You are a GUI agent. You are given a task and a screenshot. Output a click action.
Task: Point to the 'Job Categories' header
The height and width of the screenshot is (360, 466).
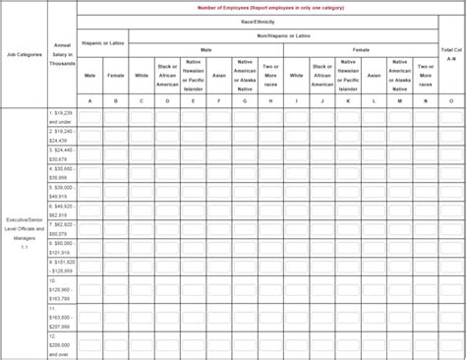pos(24,55)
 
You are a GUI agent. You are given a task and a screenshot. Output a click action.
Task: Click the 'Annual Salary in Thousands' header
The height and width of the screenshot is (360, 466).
pos(62,55)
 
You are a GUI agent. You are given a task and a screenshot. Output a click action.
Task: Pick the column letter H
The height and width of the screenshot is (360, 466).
pos(270,100)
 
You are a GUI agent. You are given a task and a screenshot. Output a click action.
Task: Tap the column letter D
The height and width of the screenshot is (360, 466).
pos(167,100)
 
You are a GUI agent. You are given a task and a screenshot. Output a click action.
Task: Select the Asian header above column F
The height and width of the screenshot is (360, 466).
pos(218,75)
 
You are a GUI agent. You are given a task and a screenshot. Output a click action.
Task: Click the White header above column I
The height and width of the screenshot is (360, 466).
pos(296,75)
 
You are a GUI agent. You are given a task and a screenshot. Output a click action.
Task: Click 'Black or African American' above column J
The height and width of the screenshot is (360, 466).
pos(321,75)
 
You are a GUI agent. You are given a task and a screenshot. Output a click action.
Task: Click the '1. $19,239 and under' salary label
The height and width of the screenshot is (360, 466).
pos(62,117)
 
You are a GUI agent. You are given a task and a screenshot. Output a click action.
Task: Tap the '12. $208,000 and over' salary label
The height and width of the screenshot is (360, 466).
pos(62,341)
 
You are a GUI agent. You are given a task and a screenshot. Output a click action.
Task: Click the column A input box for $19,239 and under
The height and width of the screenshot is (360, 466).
pos(90,117)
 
